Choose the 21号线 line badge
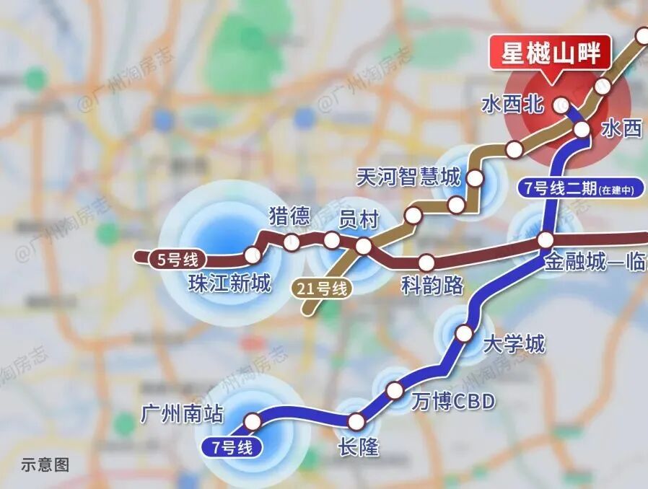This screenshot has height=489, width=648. [x=322, y=289]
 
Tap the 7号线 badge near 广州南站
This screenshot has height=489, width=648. [x=232, y=447]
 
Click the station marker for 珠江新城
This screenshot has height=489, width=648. [x=252, y=255]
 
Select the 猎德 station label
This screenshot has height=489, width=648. [x=289, y=216]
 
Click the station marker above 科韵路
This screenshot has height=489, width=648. [x=426, y=262]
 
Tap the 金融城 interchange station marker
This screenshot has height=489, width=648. [x=546, y=239]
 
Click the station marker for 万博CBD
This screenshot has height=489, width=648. [x=395, y=391]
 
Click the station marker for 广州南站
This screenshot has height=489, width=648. [x=253, y=421]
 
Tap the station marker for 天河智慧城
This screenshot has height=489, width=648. [x=476, y=177]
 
